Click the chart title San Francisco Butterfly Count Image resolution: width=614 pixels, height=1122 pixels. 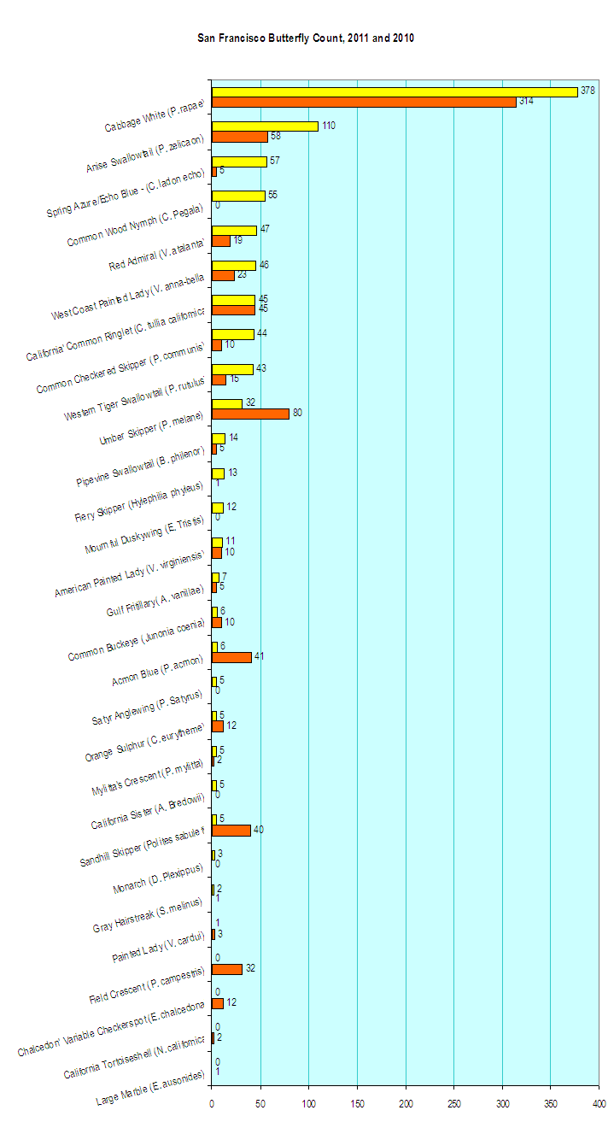click(x=306, y=38)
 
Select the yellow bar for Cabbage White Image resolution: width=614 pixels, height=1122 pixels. click(x=395, y=91)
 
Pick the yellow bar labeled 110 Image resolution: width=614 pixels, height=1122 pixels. click(x=265, y=126)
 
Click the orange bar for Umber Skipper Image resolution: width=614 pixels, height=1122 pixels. click(x=250, y=414)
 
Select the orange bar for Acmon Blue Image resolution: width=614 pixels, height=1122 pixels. click(x=231, y=657)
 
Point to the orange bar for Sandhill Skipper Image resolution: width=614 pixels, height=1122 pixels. click(x=231, y=830)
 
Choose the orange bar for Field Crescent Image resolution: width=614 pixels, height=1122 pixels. click(x=227, y=969)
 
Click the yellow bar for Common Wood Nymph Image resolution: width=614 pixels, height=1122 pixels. click(x=238, y=196)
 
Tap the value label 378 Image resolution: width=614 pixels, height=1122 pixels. click(x=588, y=91)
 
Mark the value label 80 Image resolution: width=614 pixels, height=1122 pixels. click(x=297, y=413)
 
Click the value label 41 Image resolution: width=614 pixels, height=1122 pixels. click(x=260, y=656)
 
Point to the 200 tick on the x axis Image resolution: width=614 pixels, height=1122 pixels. click(x=406, y=1103)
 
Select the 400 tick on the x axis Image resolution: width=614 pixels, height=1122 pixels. click(x=599, y=1103)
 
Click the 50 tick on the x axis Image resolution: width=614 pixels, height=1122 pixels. click(x=260, y=1103)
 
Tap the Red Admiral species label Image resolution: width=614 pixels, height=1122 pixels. click(x=157, y=256)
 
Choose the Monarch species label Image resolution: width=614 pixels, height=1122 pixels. click(x=158, y=879)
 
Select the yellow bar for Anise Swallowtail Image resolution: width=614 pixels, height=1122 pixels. click(x=265, y=126)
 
